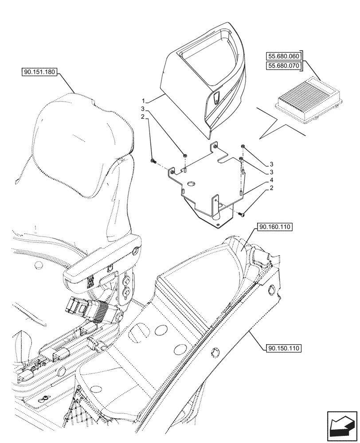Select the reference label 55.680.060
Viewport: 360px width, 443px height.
click(283, 56)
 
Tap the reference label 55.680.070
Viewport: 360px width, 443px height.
click(283, 66)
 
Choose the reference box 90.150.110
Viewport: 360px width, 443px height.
click(284, 348)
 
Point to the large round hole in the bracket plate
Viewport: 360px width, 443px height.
click(192, 183)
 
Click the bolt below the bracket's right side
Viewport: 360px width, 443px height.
click(242, 214)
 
